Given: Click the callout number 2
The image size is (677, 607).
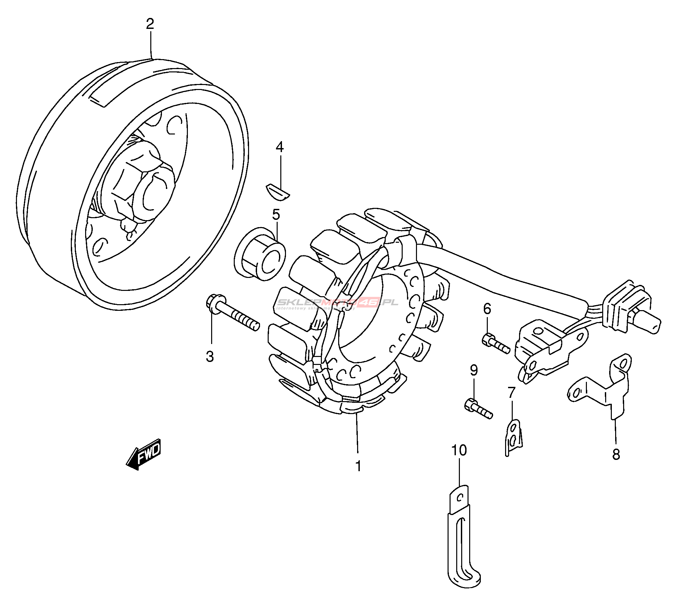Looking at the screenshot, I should point(150,24).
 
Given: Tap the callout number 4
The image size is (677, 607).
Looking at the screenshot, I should point(280,147).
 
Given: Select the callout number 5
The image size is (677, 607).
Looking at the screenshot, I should point(276,215).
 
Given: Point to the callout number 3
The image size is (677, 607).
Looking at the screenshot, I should point(209,357).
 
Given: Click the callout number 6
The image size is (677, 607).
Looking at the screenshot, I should point(487,309).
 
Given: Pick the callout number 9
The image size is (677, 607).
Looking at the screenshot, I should point(474,370).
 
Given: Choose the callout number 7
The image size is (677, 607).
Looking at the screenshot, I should point(511,392).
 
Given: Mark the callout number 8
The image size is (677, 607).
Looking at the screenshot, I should point(616,454).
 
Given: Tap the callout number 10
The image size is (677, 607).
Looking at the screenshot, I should point(459,451).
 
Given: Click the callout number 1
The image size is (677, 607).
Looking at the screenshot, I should point(358,466).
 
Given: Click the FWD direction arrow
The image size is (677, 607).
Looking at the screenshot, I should point(144,454).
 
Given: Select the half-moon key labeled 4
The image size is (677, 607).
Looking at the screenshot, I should point(278,192).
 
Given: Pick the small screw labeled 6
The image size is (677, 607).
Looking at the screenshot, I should point(496,344).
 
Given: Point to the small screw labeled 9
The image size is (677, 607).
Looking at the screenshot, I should point(478,409).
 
